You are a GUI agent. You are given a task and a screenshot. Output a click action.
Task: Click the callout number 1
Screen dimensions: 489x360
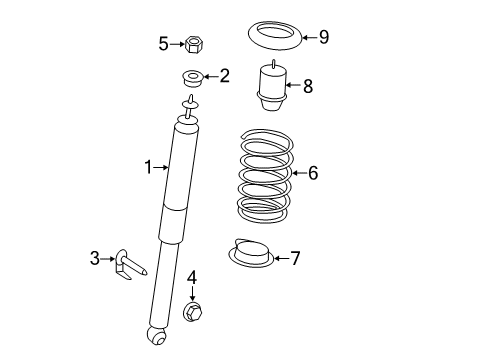(148, 167)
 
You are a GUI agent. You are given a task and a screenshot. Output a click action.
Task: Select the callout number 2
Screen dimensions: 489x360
(225, 76)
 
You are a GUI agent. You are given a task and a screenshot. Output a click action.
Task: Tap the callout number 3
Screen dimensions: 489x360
(95, 258)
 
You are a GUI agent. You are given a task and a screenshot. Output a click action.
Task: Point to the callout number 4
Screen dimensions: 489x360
(192, 278)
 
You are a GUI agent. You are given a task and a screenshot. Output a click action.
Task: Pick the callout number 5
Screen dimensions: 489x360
(163, 44)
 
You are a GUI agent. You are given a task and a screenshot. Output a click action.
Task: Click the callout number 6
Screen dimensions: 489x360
(313, 173)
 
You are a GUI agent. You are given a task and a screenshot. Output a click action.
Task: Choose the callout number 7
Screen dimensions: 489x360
(295, 258)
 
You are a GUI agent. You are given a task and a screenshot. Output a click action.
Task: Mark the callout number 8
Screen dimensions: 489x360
(308, 86)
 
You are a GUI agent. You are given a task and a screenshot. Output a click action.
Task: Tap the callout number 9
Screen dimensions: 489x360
(324, 37)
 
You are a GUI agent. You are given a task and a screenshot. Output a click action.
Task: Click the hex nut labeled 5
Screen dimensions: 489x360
(194, 44)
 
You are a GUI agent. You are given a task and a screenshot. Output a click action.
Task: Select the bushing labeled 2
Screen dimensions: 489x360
(193, 79)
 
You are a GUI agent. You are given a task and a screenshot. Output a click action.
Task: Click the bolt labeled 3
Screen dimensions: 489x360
(130, 264)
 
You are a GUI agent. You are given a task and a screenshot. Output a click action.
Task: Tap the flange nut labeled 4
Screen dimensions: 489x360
(193, 311)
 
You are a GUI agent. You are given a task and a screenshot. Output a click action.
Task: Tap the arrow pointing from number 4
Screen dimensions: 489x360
(192, 293)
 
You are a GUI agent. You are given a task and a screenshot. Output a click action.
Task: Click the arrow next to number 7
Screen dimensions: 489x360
(282, 258)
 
